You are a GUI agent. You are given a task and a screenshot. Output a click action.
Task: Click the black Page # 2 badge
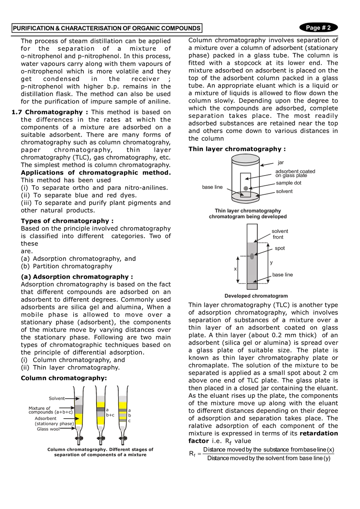[318, 27]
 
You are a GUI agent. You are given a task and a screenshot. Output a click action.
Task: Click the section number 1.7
[17, 112]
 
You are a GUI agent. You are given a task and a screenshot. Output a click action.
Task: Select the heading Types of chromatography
[67, 221]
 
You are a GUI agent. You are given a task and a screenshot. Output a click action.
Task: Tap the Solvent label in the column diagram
[56, 399]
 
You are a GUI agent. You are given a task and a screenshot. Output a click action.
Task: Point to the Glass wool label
[48, 429]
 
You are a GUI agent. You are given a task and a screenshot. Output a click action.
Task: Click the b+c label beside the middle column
[110, 415]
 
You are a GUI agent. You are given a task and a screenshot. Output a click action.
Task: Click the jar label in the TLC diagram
[281, 162]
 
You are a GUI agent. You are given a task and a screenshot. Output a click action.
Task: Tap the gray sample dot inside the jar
[246, 188]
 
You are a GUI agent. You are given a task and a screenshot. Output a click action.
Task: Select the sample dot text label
[288, 183]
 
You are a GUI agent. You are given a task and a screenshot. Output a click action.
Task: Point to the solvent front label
[279, 234]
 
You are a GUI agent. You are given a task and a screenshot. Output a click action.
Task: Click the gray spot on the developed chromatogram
[252, 256]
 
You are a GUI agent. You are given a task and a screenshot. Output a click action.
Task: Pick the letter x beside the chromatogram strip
[235, 269]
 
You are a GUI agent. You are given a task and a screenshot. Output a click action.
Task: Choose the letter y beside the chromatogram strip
[271, 263]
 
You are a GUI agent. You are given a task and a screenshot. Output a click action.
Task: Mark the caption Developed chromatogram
[256, 296]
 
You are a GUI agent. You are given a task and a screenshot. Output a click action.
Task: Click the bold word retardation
[319, 433]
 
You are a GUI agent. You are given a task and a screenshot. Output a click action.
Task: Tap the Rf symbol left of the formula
[192, 454]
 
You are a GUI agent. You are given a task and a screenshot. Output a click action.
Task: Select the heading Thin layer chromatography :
[237, 149]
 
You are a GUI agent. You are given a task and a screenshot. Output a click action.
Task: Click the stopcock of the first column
[79, 438]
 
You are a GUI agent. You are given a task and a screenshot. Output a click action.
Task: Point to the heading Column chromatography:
[64, 378]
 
